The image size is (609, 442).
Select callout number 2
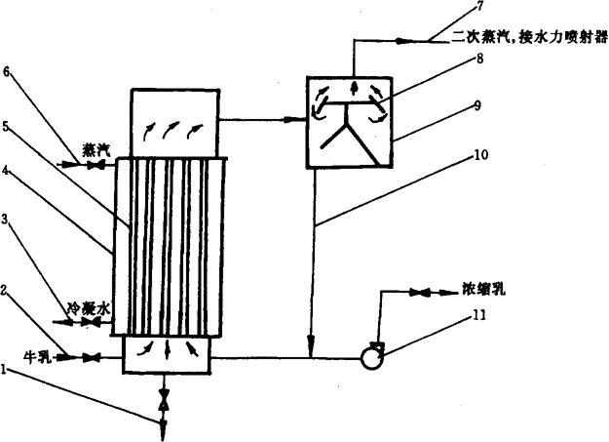click(x=8, y=290)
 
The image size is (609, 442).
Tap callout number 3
click(x=8, y=221)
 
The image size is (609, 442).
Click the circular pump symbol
click(x=371, y=358)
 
